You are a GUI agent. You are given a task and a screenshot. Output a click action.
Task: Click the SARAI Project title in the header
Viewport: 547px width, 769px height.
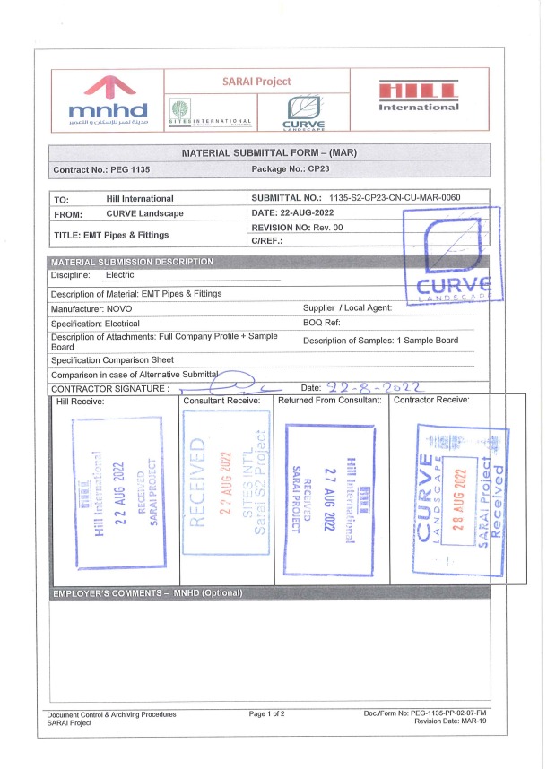258,81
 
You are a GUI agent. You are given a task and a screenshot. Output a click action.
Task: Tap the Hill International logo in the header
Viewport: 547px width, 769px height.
419,95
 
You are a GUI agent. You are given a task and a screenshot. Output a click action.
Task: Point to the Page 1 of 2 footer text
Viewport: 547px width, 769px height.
267,713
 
